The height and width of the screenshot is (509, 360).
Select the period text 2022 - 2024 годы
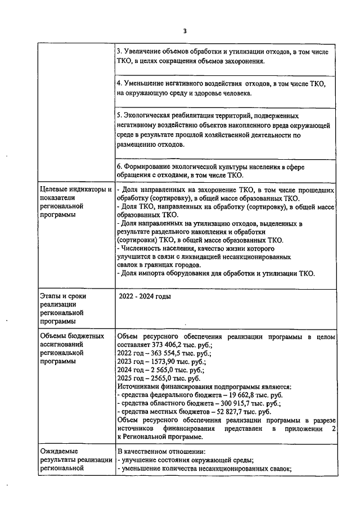pos(145,296)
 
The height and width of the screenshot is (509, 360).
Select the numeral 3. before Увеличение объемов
pos(119,52)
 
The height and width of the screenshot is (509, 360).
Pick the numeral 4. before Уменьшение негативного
pos(119,84)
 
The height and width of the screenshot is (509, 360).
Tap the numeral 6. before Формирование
pos(119,167)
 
